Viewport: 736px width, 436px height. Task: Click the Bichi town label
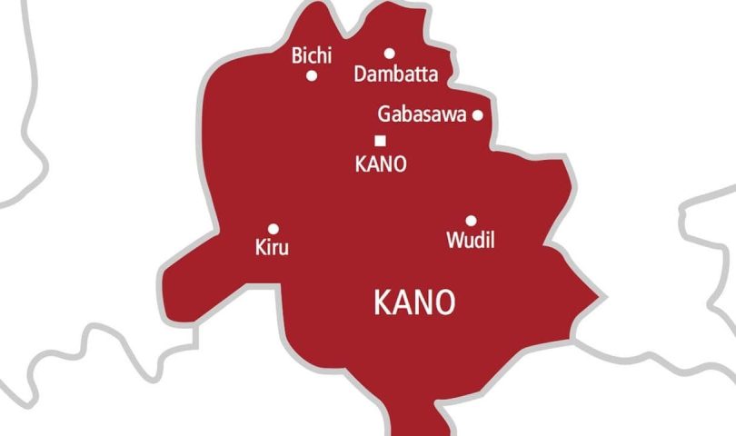tap(312, 56)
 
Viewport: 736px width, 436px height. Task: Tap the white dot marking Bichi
tap(312, 75)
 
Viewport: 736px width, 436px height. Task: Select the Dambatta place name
tap(395, 74)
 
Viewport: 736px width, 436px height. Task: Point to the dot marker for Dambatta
tap(389, 54)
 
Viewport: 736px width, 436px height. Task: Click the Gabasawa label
tap(422, 115)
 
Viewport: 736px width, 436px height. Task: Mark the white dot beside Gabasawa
tap(477, 115)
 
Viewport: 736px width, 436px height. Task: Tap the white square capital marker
tap(380, 140)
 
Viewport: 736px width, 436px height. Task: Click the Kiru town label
tap(274, 246)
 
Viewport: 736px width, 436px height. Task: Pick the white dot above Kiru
tap(274, 229)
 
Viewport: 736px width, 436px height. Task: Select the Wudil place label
tap(471, 240)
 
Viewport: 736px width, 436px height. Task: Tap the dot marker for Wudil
tap(471, 221)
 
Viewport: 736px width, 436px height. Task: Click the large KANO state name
tap(414, 303)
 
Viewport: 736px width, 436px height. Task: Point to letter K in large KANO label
tap(383, 303)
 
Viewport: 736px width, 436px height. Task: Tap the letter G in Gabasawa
tap(383, 115)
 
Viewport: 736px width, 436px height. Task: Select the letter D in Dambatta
tap(359, 74)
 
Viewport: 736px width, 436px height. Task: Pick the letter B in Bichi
tap(296, 56)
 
